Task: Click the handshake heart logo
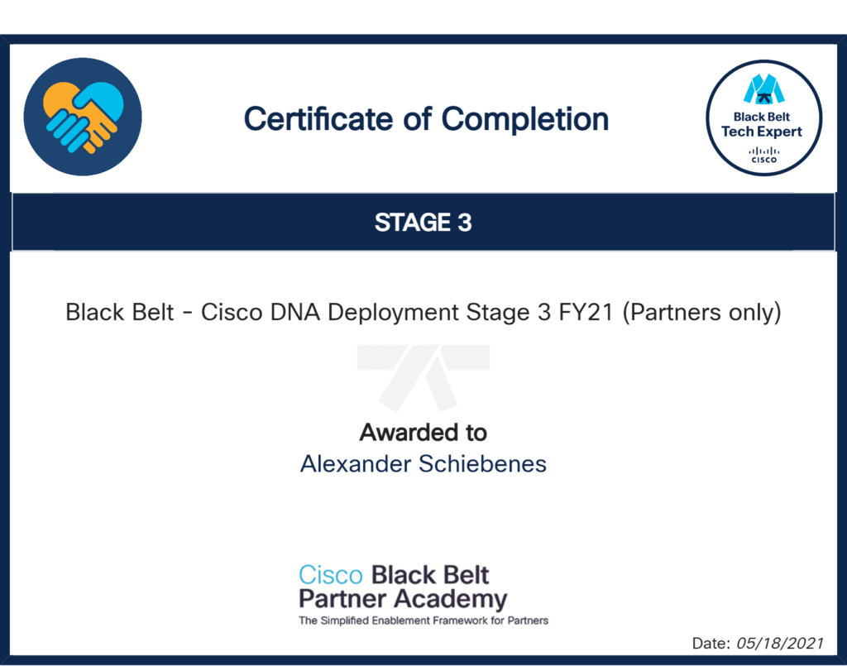[83, 117]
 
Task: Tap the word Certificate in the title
[318, 119]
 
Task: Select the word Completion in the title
[525, 120]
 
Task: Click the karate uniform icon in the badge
[763, 89]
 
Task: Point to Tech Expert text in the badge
[762, 132]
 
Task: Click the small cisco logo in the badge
[763, 155]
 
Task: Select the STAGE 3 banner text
[423, 223]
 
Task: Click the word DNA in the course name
[295, 312]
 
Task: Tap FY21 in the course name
[586, 312]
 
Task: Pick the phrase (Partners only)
[701, 313]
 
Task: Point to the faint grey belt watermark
[423, 377]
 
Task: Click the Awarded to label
[423, 433]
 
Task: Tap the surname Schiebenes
[483, 464]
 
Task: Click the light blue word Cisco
[331, 575]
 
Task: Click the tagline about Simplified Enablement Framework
[423, 620]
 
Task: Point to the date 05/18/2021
[779, 644]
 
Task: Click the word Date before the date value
[711, 644]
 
